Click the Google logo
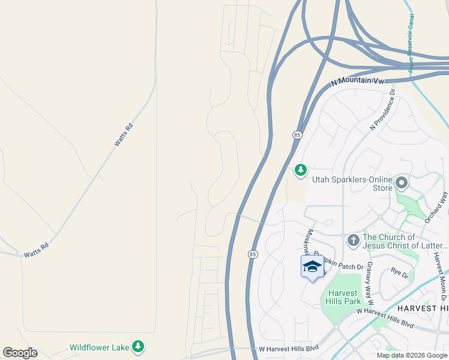click(20, 353)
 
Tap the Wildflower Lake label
click(99, 347)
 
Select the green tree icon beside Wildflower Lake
click(139, 346)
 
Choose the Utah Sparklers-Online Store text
click(352, 183)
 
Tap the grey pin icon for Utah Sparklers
click(402, 182)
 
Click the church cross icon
click(354, 240)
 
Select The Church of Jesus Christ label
click(405, 241)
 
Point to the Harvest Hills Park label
click(343, 297)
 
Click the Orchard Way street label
click(436, 208)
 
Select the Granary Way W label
click(370, 279)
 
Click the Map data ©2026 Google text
click(412, 355)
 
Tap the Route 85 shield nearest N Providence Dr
click(297, 135)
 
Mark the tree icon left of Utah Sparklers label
click(301, 171)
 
